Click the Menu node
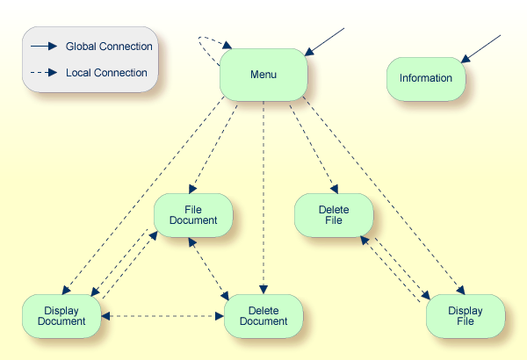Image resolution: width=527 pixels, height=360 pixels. click(263, 75)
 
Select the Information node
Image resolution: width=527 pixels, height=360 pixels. click(426, 78)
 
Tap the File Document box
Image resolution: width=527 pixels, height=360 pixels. click(193, 215)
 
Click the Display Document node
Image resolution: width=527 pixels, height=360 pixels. click(61, 315)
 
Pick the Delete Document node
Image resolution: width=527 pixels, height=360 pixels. click(263, 315)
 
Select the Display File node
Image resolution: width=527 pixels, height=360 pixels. click(466, 315)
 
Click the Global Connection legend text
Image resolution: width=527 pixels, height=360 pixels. click(109, 47)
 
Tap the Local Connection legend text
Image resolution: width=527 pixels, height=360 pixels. click(106, 73)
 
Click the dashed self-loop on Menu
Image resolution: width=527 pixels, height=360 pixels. click(207, 48)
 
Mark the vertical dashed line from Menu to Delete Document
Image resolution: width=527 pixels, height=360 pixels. click(263, 193)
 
